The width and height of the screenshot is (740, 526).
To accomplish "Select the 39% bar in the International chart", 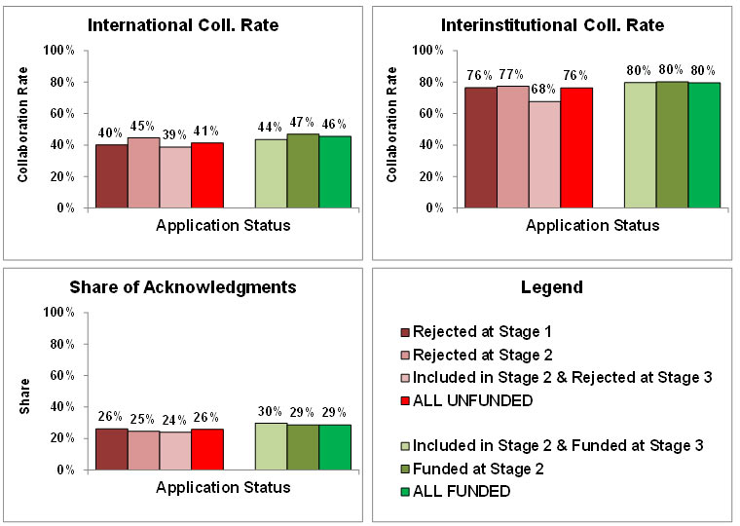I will point(175,177).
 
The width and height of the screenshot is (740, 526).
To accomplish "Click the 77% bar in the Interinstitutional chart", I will point(512,147).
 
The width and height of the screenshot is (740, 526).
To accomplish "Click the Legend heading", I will point(552,287).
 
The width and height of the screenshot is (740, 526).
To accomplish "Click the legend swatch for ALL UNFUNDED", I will point(404,399).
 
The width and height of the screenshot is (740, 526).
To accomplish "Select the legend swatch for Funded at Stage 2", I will point(404,470).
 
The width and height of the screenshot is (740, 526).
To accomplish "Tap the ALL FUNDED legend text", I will point(462,491).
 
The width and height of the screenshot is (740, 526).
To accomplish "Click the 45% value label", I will point(143,126).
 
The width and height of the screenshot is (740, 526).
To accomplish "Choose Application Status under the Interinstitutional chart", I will point(593,226).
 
